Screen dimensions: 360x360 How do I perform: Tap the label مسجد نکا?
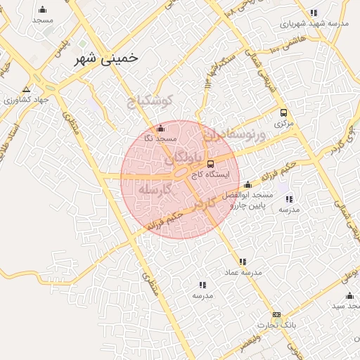coord(160,139)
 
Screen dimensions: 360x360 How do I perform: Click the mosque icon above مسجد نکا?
coord(160,128)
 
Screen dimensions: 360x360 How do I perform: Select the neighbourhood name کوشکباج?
coord(153,102)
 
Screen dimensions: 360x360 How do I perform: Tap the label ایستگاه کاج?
coord(209,173)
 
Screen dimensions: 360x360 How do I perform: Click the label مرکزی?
coord(283,123)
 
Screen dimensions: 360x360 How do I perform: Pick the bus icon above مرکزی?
coord(283,112)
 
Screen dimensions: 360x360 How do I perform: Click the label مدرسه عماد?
coord(246,271)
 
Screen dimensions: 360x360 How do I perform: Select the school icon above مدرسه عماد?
coord(243,262)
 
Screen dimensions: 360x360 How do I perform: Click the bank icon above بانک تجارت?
coord(276,314)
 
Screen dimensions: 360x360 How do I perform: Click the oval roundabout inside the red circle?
coord(181,172)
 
